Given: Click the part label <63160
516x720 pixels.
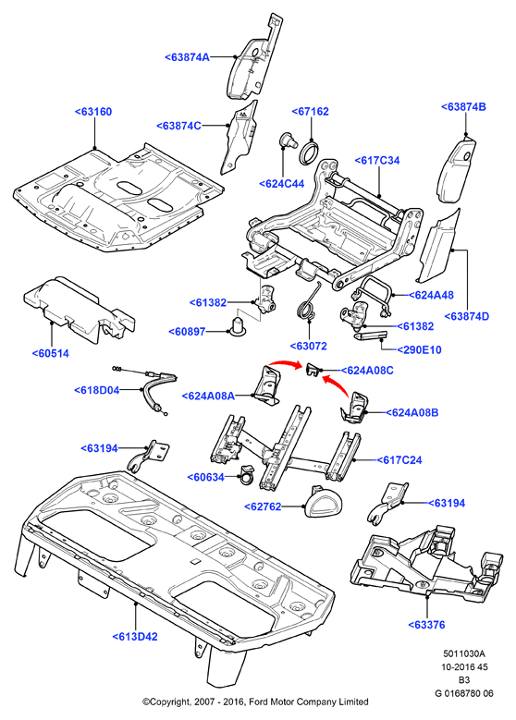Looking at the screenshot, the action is click(x=93, y=112).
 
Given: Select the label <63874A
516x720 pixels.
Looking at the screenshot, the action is click(x=187, y=57).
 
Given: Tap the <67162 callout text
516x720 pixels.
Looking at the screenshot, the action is click(x=311, y=112).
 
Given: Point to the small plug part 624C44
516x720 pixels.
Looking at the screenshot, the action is click(x=287, y=140).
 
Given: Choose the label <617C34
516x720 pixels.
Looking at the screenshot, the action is click(x=376, y=160).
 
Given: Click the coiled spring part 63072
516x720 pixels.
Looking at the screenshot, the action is click(x=306, y=303).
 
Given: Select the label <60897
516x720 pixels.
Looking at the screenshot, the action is click(x=187, y=332).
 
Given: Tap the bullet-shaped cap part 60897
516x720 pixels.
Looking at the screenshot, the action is click(x=238, y=325).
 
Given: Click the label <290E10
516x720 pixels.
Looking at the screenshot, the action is click(x=419, y=350).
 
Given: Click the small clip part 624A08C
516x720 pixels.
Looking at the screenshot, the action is click(x=313, y=368).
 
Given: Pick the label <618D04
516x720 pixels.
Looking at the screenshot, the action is click(x=96, y=390).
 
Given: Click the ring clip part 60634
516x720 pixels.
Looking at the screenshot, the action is click(x=247, y=474).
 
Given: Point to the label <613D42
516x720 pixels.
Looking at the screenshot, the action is click(x=135, y=637).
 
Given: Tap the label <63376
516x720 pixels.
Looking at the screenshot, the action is click(x=427, y=625).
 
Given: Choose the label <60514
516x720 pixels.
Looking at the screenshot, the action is click(x=51, y=354).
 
